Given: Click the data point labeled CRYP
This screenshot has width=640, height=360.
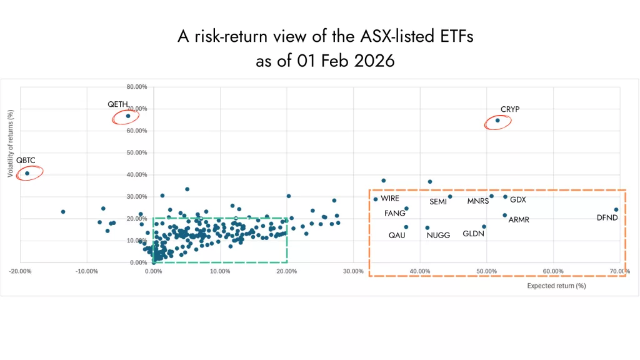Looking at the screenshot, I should tap(497, 120).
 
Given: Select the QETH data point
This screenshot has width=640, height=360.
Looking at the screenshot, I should tap(128, 116).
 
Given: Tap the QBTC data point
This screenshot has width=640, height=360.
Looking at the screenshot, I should tap(27, 173).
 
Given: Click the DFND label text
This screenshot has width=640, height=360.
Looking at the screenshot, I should tap(607, 218).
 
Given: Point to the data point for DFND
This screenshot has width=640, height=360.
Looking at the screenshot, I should tap(616, 210).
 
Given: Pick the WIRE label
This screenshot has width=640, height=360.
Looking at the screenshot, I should tap(390, 198).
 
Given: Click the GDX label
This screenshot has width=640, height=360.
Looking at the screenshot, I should tap(518, 200).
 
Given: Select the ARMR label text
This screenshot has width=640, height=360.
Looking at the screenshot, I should tap(519, 220).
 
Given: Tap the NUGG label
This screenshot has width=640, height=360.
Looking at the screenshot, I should tap(438, 236).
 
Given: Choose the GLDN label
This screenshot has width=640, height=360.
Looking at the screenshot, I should tap(474, 234).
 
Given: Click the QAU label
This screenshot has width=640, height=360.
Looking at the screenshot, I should tap(397, 236).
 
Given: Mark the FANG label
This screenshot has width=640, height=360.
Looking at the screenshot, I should tap(394, 213).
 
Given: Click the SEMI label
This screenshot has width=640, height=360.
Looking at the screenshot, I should tap(438, 202).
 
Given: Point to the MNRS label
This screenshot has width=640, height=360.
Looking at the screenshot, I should tap(478, 201).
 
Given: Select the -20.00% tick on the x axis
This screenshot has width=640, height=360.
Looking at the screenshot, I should tap(20, 271).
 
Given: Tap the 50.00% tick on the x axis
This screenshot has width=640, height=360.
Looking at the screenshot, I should tap(487, 271).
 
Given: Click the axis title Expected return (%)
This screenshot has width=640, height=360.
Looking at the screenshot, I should tap(556, 286).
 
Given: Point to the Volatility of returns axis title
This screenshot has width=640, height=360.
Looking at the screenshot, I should tap(11, 144).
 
